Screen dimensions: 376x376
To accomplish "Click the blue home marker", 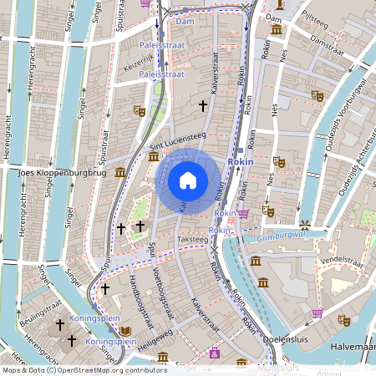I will (x=188, y=180).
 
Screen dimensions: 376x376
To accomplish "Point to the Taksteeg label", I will (x=193, y=239).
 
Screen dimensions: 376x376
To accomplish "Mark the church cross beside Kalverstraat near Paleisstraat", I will (x=202, y=106).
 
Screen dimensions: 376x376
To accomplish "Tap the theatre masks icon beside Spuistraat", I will (x=140, y=110).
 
